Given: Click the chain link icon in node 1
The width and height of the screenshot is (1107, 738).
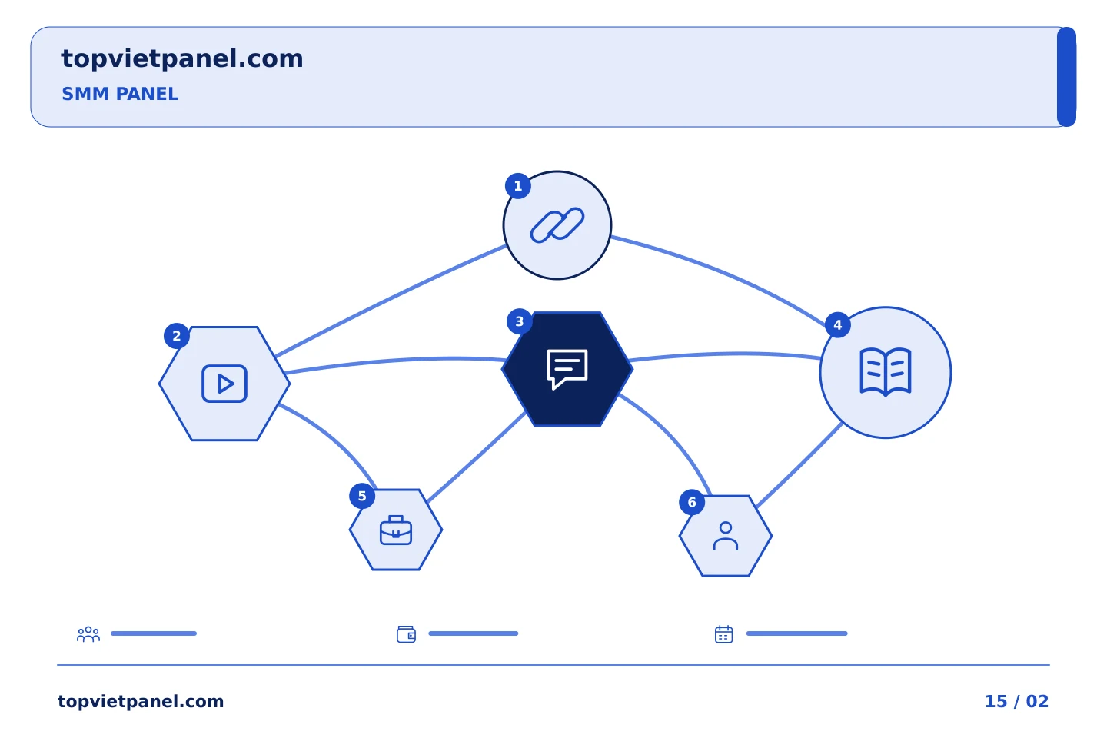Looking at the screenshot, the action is (557, 225).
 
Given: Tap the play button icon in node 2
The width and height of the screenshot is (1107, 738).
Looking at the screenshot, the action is (224, 384).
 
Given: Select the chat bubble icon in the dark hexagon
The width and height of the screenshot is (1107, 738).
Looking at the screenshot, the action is (567, 369).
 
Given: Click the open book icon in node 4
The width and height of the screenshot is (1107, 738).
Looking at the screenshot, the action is (886, 372).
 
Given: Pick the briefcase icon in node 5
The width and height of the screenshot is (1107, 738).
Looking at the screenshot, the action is (396, 530).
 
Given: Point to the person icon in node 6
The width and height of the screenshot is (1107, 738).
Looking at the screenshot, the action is (726, 536).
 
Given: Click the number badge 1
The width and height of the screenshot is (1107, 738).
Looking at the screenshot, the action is (518, 186).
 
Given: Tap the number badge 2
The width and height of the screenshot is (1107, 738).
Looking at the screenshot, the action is (177, 336).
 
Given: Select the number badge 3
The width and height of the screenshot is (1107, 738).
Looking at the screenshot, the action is (520, 321).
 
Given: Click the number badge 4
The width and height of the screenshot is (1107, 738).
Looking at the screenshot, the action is (838, 324).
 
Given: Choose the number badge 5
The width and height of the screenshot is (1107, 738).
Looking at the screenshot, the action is (362, 496).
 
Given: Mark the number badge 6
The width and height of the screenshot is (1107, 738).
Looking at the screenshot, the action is (692, 502).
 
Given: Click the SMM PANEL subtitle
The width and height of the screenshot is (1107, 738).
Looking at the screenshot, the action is (120, 94).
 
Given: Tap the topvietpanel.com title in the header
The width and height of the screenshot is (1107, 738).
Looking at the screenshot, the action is (182, 59).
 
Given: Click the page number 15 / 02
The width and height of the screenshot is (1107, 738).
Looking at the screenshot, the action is (1016, 701).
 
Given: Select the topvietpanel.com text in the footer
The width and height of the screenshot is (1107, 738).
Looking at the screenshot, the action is (141, 702).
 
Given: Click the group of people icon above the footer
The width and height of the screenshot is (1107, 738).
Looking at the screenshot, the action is (88, 633).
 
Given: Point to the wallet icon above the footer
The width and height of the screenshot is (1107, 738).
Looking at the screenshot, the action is (406, 634).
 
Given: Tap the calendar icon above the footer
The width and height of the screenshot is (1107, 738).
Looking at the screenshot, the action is (724, 634).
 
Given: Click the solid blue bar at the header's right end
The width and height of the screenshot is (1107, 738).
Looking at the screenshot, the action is (1066, 77).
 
